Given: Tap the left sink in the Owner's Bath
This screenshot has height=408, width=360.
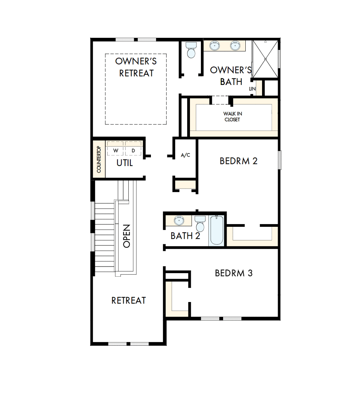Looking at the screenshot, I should (214, 46).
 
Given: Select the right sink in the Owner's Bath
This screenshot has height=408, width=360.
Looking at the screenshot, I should (235, 46).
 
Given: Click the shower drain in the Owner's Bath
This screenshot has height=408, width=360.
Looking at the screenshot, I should (266, 59).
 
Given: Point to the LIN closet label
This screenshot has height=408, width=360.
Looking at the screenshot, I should (252, 89).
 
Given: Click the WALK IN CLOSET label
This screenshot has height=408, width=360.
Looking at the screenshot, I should (232, 117).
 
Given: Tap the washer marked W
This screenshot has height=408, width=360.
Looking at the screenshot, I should (115, 150).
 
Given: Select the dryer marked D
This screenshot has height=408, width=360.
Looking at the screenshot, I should (133, 150).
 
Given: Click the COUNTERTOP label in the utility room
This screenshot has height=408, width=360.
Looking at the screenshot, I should (99, 160).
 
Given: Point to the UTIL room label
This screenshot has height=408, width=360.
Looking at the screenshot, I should (125, 163).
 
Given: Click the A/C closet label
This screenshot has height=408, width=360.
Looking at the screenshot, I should (186, 155).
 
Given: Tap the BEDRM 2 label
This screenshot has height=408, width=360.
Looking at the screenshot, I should (238, 161).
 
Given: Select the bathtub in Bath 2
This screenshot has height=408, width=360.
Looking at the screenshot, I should (216, 231).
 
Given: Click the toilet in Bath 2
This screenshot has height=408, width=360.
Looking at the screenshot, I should (200, 224).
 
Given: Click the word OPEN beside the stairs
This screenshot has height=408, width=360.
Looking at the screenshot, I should (127, 236).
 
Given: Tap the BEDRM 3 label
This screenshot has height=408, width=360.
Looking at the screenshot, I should (234, 273).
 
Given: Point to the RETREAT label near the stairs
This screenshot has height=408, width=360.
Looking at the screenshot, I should (129, 300).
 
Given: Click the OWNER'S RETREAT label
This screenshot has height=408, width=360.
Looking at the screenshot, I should (136, 67).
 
